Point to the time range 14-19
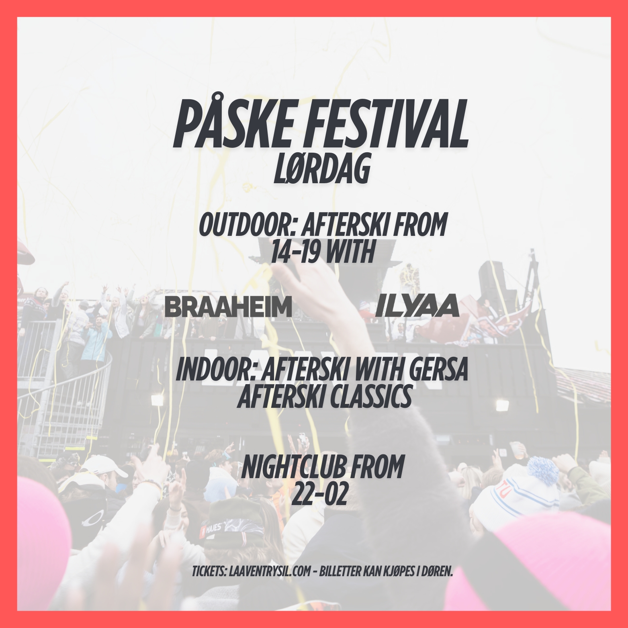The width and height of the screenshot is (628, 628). coord(295,252)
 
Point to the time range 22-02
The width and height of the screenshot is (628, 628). coord(319,494)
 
